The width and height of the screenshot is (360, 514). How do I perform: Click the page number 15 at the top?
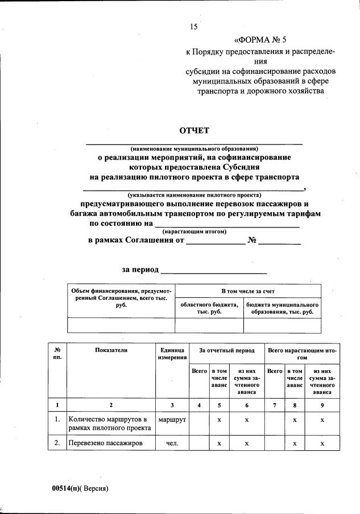point(193,27)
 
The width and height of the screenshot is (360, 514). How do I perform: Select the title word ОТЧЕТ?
point(195,131)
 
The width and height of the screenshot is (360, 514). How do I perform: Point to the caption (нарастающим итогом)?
point(195,231)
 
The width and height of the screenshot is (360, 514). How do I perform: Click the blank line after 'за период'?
point(214,270)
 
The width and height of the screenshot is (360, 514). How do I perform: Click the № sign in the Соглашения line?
point(253,241)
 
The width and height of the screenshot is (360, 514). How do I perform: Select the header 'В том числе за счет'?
point(248,291)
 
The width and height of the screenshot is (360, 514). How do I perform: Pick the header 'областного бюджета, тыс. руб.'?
point(209,308)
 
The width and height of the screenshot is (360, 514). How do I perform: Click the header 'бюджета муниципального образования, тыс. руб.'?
point(282,308)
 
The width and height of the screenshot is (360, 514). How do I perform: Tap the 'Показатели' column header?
point(111,350)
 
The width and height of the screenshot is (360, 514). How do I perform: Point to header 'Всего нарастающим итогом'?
point(302,354)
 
